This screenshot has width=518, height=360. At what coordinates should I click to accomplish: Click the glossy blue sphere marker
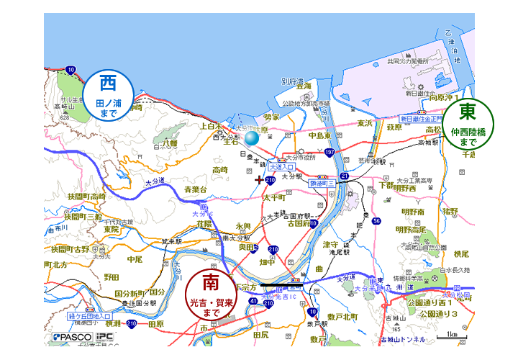pos(251,138)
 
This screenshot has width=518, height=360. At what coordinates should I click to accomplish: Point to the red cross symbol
pos(259,179)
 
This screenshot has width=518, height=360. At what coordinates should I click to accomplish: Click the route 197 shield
pos(330,152)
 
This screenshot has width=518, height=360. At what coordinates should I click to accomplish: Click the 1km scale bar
pos(452,335)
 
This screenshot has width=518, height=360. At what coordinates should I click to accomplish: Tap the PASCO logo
pos(70,337)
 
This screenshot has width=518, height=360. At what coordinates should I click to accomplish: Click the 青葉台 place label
pos(196,190)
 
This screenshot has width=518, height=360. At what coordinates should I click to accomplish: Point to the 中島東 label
pos(319,135)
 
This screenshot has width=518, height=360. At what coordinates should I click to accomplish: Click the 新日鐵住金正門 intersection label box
pos(425,118)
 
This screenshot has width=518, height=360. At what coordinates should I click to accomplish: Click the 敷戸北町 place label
pos(343,316)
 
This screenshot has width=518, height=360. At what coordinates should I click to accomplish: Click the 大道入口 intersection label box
pos(283,166)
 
